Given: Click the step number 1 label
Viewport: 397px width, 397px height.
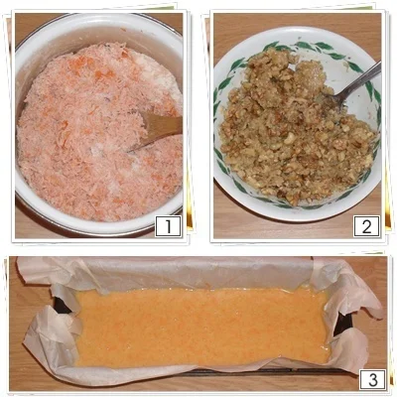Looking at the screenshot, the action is pos(168,226).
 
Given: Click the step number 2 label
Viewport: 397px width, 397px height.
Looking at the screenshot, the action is pos(366,226).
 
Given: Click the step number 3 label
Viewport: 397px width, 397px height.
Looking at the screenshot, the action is pos(372,380).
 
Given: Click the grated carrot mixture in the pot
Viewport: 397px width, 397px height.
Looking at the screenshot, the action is pos(99,132).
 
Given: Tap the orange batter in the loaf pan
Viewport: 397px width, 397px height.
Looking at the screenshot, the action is pos(201,328).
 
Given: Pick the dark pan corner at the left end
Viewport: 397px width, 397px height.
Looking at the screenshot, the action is pos(63,306).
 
